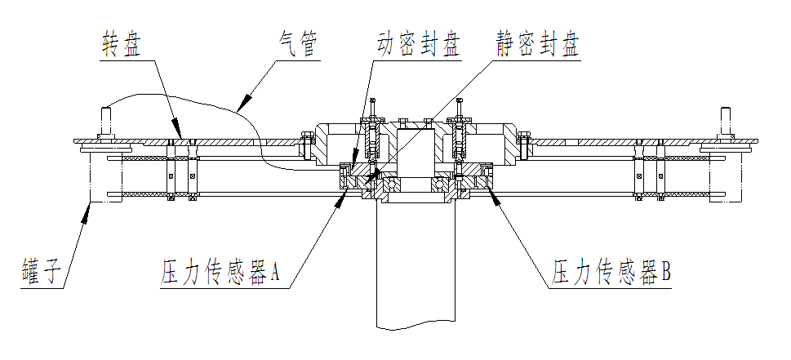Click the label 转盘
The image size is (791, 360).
click(122, 42)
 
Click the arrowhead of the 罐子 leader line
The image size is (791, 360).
click(88, 206)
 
